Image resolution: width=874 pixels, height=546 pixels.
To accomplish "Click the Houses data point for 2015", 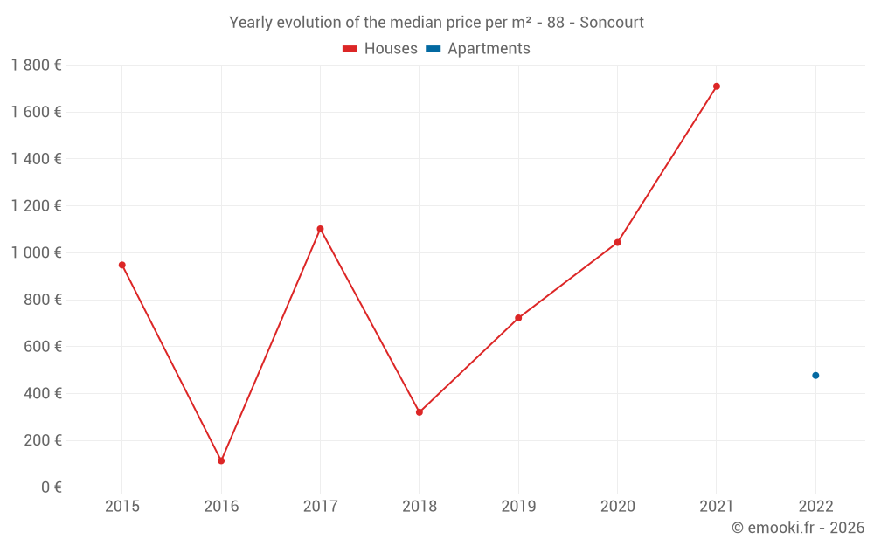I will (122, 265).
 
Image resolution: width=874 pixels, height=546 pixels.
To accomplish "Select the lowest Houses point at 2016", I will (221, 460).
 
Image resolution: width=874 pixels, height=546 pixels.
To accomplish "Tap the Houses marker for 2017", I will (320, 229).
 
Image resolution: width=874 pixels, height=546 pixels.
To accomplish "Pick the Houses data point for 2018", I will (420, 412).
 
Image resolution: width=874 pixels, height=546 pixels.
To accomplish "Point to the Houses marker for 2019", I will (518, 318).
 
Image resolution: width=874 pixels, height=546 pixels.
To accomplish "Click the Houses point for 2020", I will (617, 242).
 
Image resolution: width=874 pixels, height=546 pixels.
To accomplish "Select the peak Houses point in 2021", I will (717, 86).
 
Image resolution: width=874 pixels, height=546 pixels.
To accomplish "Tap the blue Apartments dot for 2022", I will (815, 376).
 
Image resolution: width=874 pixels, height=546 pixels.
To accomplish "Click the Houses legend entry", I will (380, 49).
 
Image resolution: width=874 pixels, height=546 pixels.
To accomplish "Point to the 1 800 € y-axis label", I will (36, 65).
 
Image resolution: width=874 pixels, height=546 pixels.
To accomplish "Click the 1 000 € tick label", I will (36, 252).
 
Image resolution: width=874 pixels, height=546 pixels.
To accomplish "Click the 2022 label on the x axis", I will (815, 506).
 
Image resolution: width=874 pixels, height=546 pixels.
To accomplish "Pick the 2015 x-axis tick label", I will (122, 506).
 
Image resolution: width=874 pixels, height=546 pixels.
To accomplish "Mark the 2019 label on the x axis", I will (518, 506).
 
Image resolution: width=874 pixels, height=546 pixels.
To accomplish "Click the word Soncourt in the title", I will (612, 23).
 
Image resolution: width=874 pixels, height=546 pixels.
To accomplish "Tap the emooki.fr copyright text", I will (798, 528).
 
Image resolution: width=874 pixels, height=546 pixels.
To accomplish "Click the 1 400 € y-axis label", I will (36, 158).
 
